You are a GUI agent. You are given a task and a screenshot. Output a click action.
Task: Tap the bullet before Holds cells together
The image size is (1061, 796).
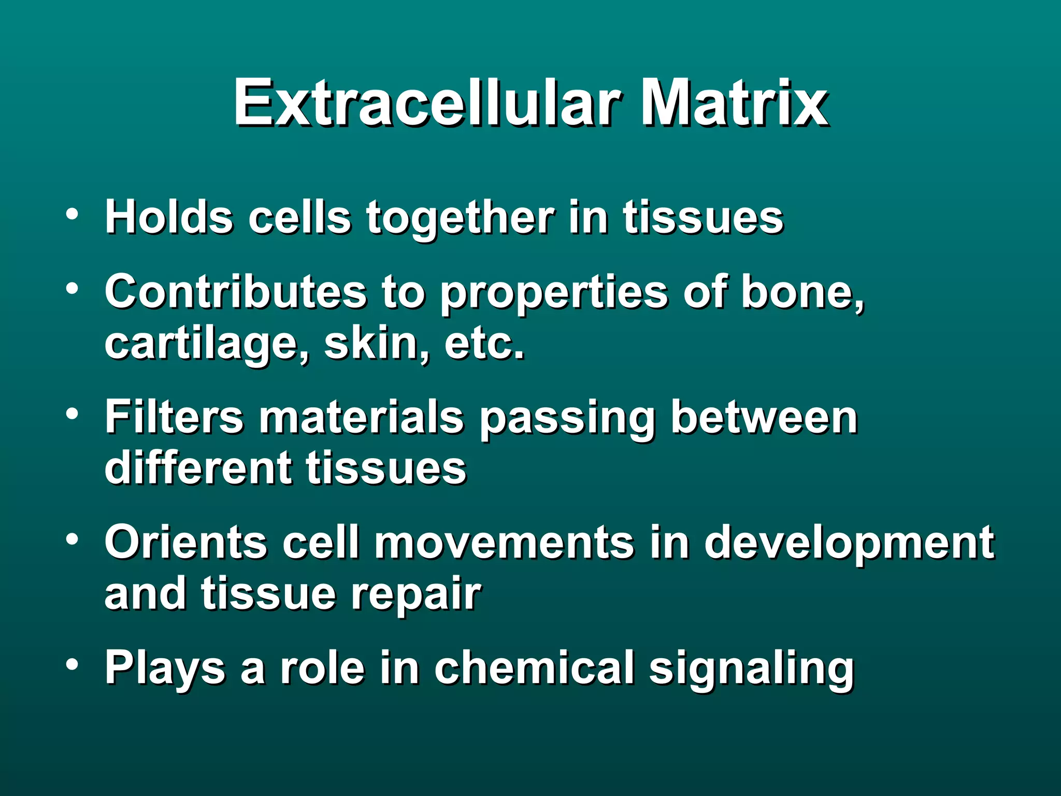[72, 214]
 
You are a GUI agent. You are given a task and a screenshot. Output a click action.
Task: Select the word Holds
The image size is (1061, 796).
[168, 218]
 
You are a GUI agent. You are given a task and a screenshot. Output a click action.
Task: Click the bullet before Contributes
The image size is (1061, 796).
[72, 288]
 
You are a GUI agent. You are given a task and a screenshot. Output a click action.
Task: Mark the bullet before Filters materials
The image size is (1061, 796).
[72, 414]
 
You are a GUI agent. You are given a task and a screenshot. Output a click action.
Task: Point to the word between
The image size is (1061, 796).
[764, 417]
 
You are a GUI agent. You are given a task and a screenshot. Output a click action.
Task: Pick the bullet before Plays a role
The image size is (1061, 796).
[72, 664]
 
